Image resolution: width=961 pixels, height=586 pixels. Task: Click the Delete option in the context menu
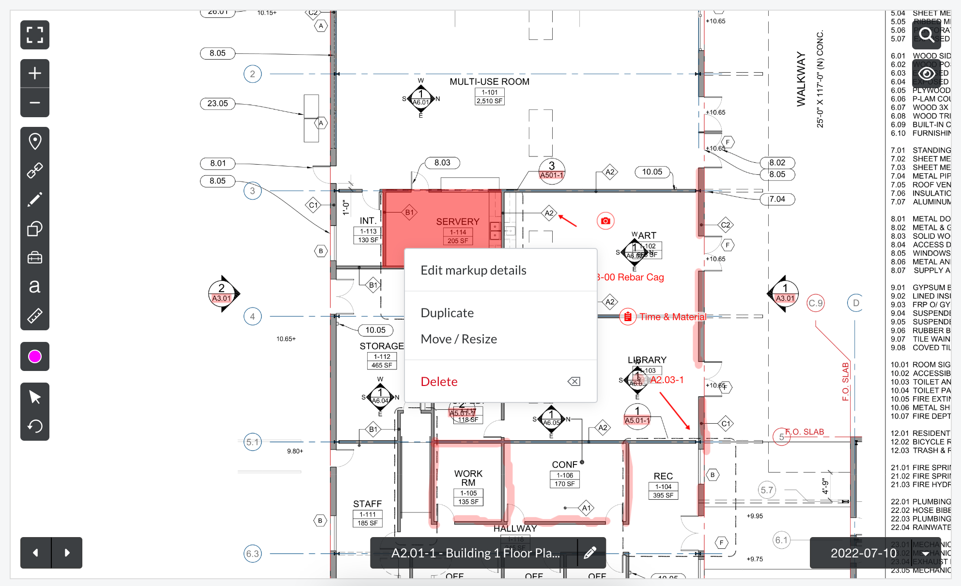(439, 382)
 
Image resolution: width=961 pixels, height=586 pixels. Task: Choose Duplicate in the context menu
(447, 313)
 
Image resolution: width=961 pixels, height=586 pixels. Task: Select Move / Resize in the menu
(459, 339)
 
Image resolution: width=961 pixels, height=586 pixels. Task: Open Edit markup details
(473, 270)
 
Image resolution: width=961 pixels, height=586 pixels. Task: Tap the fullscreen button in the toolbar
(35, 35)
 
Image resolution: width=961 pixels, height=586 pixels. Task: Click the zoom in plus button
(35, 74)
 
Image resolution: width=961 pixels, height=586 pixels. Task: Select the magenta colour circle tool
(35, 356)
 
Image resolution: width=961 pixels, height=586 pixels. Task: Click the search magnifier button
(926, 35)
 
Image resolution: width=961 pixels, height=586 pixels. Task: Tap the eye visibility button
(926, 74)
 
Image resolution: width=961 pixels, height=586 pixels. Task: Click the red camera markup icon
(605, 221)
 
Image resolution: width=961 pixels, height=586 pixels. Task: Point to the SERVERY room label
(457, 222)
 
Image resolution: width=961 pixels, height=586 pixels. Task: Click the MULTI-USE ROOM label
(489, 82)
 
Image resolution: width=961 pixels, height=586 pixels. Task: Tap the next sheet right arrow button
(67, 553)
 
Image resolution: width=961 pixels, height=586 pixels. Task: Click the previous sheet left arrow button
(35, 553)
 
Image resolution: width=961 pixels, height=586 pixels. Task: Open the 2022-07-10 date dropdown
(875, 553)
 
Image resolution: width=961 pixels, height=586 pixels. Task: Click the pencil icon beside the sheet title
(590, 553)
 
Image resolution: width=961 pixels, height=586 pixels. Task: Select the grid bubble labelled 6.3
(252, 554)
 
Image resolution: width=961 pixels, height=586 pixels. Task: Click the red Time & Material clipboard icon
(628, 317)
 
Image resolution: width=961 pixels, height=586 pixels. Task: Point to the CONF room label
(564, 464)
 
